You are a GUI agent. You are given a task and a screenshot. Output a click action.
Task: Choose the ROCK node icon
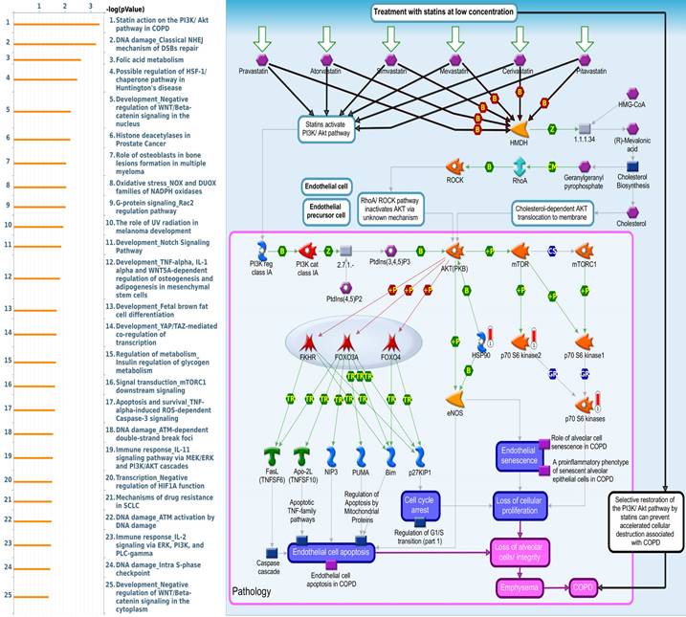coord(455,166)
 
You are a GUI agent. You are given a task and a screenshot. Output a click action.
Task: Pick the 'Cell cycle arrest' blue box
coord(421,504)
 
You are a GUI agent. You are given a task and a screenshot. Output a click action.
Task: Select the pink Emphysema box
coord(524,585)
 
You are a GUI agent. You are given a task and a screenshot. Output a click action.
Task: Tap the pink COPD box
coord(585,585)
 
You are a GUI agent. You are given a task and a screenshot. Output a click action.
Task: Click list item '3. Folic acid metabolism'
coord(153,58)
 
